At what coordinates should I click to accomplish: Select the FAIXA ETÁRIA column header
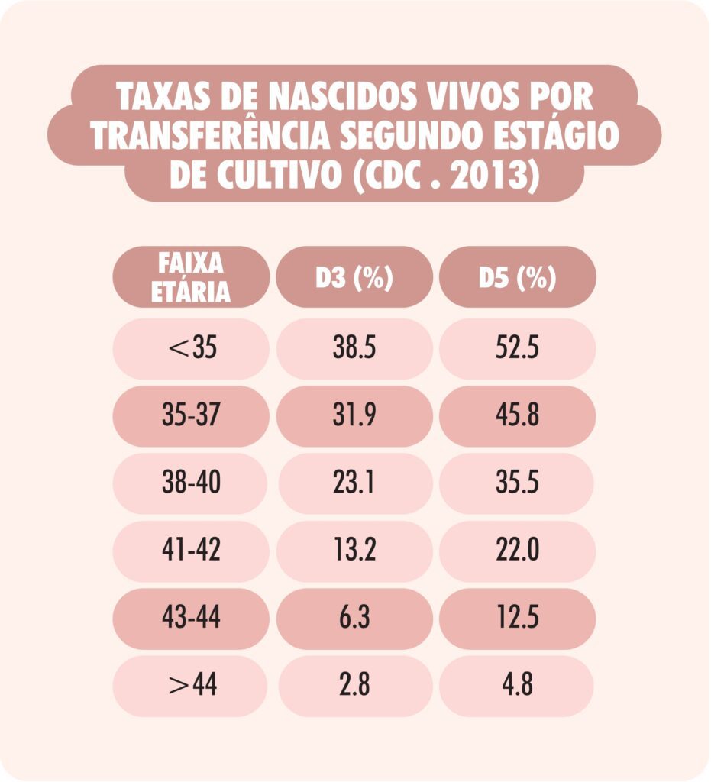click(x=191, y=277)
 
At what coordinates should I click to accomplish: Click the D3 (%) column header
click(x=354, y=278)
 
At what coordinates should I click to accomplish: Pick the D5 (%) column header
click(x=517, y=278)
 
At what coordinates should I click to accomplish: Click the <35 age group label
click(x=191, y=348)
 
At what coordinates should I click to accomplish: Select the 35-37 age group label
click(x=191, y=416)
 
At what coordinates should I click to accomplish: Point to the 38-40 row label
click(x=191, y=483)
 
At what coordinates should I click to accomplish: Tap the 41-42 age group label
click(x=191, y=551)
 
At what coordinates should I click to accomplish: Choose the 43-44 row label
click(x=191, y=618)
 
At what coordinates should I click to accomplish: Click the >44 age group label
click(x=191, y=685)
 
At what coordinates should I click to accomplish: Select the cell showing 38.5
click(x=354, y=348)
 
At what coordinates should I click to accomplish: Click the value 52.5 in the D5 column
click(x=517, y=348)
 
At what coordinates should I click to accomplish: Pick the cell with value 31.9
click(x=354, y=416)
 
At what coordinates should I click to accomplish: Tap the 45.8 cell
click(x=517, y=416)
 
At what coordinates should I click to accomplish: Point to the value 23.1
click(x=354, y=483)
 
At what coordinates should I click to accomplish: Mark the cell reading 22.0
click(x=517, y=551)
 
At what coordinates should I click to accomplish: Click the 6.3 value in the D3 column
click(x=354, y=618)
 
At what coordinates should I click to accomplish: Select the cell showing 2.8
click(x=354, y=685)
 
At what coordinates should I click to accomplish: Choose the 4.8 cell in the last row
click(x=517, y=685)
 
